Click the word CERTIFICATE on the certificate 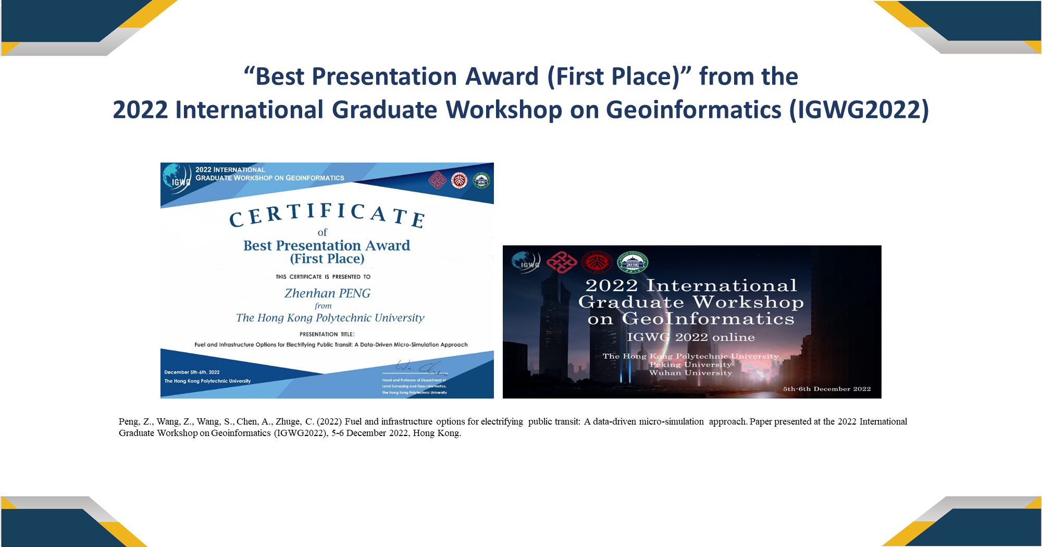(327, 214)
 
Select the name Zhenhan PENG (327, 293)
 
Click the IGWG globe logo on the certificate (176, 178)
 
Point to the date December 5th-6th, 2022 (192, 372)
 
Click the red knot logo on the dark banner (561, 262)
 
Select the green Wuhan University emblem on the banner (632, 262)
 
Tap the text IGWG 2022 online (690, 337)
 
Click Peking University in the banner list (690, 365)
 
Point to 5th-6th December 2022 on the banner (827, 389)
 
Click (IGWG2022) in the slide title (859, 110)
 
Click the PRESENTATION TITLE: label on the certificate (327, 334)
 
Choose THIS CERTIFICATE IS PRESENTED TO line (323, 277)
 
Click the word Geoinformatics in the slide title (693, 110)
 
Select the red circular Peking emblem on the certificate (459, 180)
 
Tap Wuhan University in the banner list (690, 373)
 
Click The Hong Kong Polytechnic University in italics (330, 318)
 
